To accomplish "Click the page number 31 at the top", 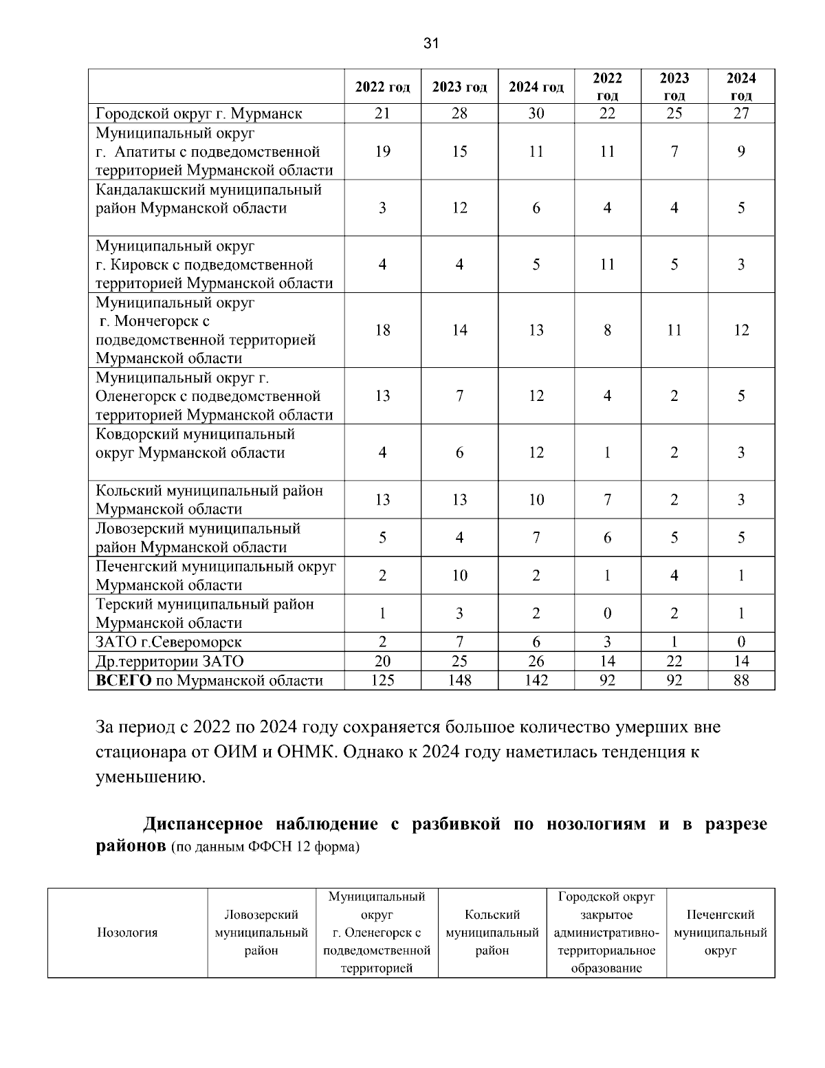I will (431, 44).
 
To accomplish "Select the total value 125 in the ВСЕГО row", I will (382, 680).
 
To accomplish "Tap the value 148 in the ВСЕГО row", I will (459, 680).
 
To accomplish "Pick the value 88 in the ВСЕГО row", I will (740, 680).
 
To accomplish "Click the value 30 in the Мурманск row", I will (536, 113).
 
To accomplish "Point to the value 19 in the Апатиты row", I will (382, 151).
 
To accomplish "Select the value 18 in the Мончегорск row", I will (382, 330).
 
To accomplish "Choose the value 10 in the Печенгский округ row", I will (459, 576).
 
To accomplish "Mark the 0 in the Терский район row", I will (607, 613).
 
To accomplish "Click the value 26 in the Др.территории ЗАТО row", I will (536, 661).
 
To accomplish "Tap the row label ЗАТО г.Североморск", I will (168, 642).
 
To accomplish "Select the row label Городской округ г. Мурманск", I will (199, 113).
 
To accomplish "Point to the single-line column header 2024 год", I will (536, 87).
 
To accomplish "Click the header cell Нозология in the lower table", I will (127, 933).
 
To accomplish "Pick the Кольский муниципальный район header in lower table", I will (492, 933).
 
